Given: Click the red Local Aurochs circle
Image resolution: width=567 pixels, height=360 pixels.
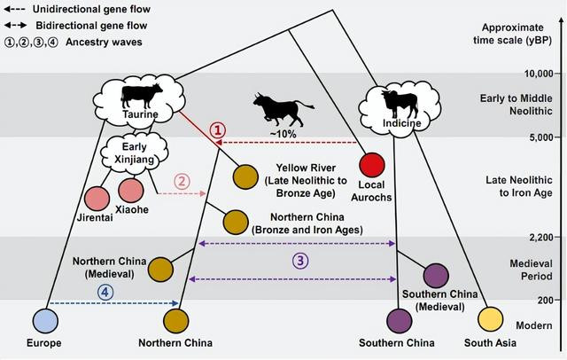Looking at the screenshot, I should pos(372,165).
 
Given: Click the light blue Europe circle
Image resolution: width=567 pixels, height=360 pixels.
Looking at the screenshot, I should pos(44,320).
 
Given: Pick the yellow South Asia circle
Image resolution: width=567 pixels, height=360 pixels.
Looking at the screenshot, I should pos(490,319).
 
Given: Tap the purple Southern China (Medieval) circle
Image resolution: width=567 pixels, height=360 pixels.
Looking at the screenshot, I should pos(436,275).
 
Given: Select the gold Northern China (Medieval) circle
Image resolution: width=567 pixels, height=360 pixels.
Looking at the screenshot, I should pos(160,268).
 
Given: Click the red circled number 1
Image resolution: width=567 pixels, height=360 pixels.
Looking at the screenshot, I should pos(218,129).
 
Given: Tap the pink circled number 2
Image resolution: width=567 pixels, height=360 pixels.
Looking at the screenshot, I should pos(181,181).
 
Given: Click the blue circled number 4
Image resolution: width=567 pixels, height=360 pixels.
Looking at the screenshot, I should pos(105,291).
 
